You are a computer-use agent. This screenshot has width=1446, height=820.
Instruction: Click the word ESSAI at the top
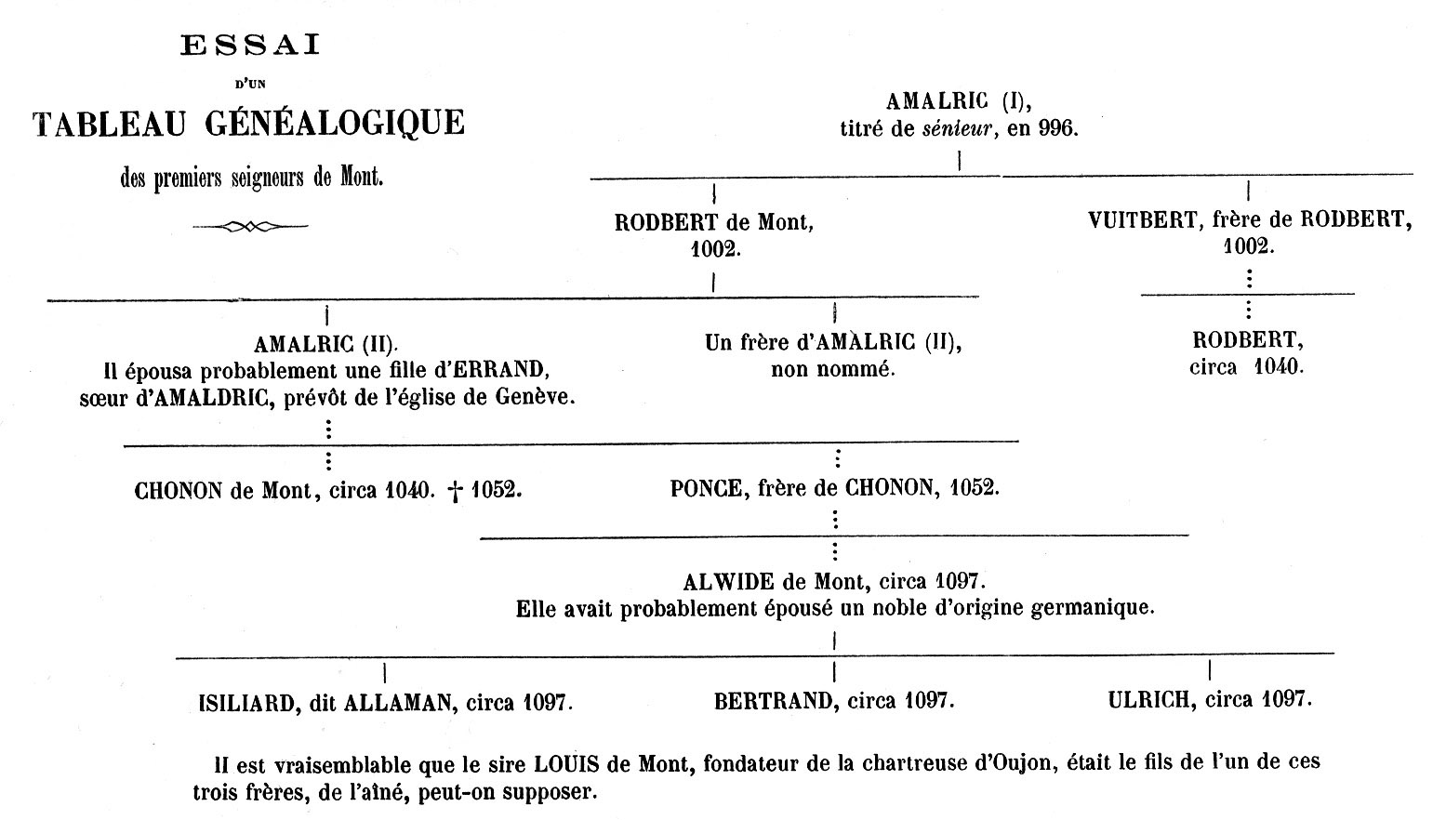click(x=249, y=46)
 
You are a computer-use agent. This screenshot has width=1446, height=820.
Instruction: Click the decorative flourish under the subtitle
click(x=250, y=226)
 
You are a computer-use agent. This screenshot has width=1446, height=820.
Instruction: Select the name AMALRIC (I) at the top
click(x=958, y=101)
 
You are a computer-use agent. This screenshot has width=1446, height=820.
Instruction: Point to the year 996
click(x=1057, y=129)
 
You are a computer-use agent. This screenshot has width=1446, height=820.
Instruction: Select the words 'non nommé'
click(x=832, y=369)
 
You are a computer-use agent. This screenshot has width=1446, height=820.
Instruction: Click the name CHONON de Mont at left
click(x=222, y=490)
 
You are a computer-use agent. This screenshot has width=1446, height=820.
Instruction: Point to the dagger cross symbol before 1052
click(x=456, y=491)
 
